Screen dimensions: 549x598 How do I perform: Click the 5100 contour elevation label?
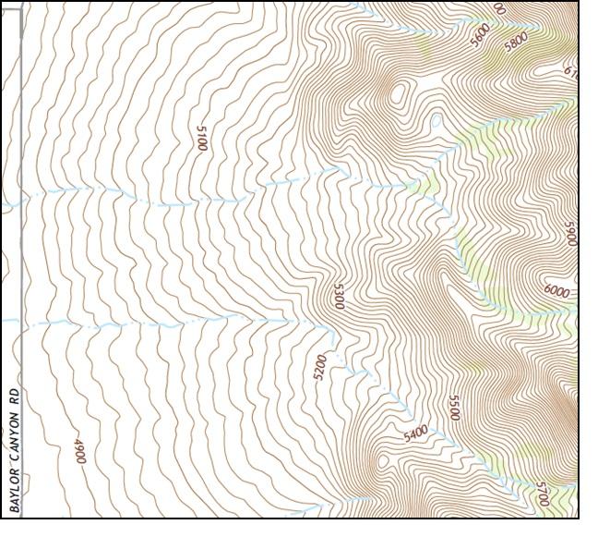[x=201, y=138]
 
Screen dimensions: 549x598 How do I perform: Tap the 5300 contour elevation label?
[x=339, y=296]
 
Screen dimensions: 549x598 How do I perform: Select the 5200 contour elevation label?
[x=319, y=367]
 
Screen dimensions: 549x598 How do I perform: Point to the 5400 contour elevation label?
[x=415, y=433]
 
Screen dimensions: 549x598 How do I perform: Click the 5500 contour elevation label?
[x=453, y=408]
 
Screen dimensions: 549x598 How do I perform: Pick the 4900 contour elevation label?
[x=79, y=453]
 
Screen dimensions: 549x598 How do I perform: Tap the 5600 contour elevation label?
[x=480, y=34]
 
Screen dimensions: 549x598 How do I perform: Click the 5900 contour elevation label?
[x=570, y=234]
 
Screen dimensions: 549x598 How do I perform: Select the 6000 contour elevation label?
[x=556, y=291]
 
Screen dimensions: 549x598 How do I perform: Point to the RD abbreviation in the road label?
[x=14, y=396]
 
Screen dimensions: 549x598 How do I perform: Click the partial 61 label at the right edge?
[x=569, y=71]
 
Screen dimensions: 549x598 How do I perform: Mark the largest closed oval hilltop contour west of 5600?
[x=401, y=91]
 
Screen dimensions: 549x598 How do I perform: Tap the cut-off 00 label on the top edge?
[x=499, y=8]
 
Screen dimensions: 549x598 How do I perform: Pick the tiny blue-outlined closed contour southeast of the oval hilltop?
[x=436, y=119]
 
